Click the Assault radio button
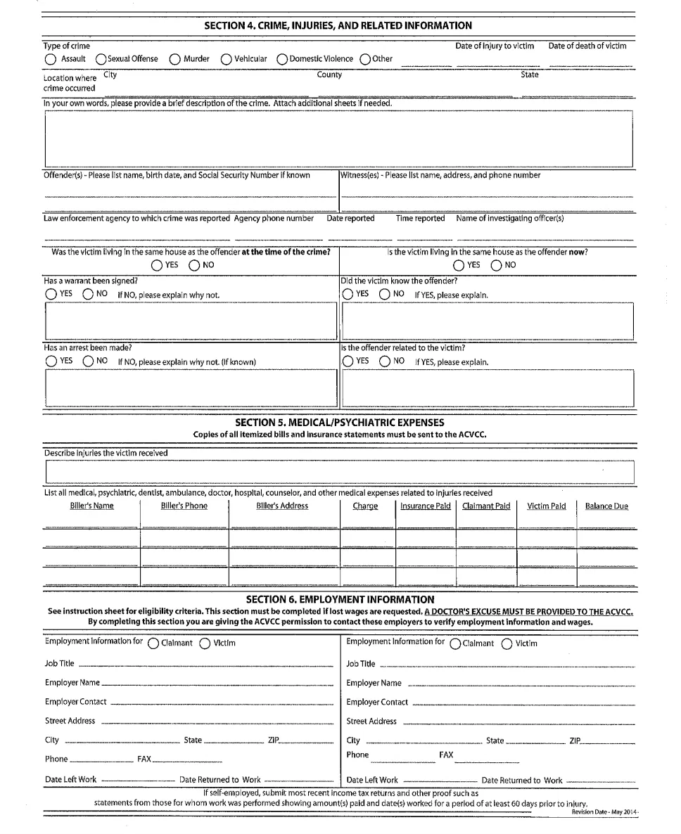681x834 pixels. click(51, 59)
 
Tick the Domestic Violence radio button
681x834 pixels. click(281, 59)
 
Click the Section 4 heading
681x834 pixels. click(338, 25)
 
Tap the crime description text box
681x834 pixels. click(338, 136)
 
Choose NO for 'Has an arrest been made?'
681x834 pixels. click(88, 361)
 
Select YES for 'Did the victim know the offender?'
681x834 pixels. click(348, 294)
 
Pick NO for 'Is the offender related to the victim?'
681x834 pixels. click(385, 361)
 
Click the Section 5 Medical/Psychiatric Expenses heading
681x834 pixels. click(340, 423)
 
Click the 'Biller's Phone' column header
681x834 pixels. click(184, 506)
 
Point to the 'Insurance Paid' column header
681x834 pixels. click(426, 506)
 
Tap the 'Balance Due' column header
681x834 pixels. click(606, 506)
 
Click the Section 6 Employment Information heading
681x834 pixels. click(340, 599)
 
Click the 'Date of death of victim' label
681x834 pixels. click(587, 46)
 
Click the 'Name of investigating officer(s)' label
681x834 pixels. click(510, 218)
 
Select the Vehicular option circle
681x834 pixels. click(227, 59)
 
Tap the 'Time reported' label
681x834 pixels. click(420, 218)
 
